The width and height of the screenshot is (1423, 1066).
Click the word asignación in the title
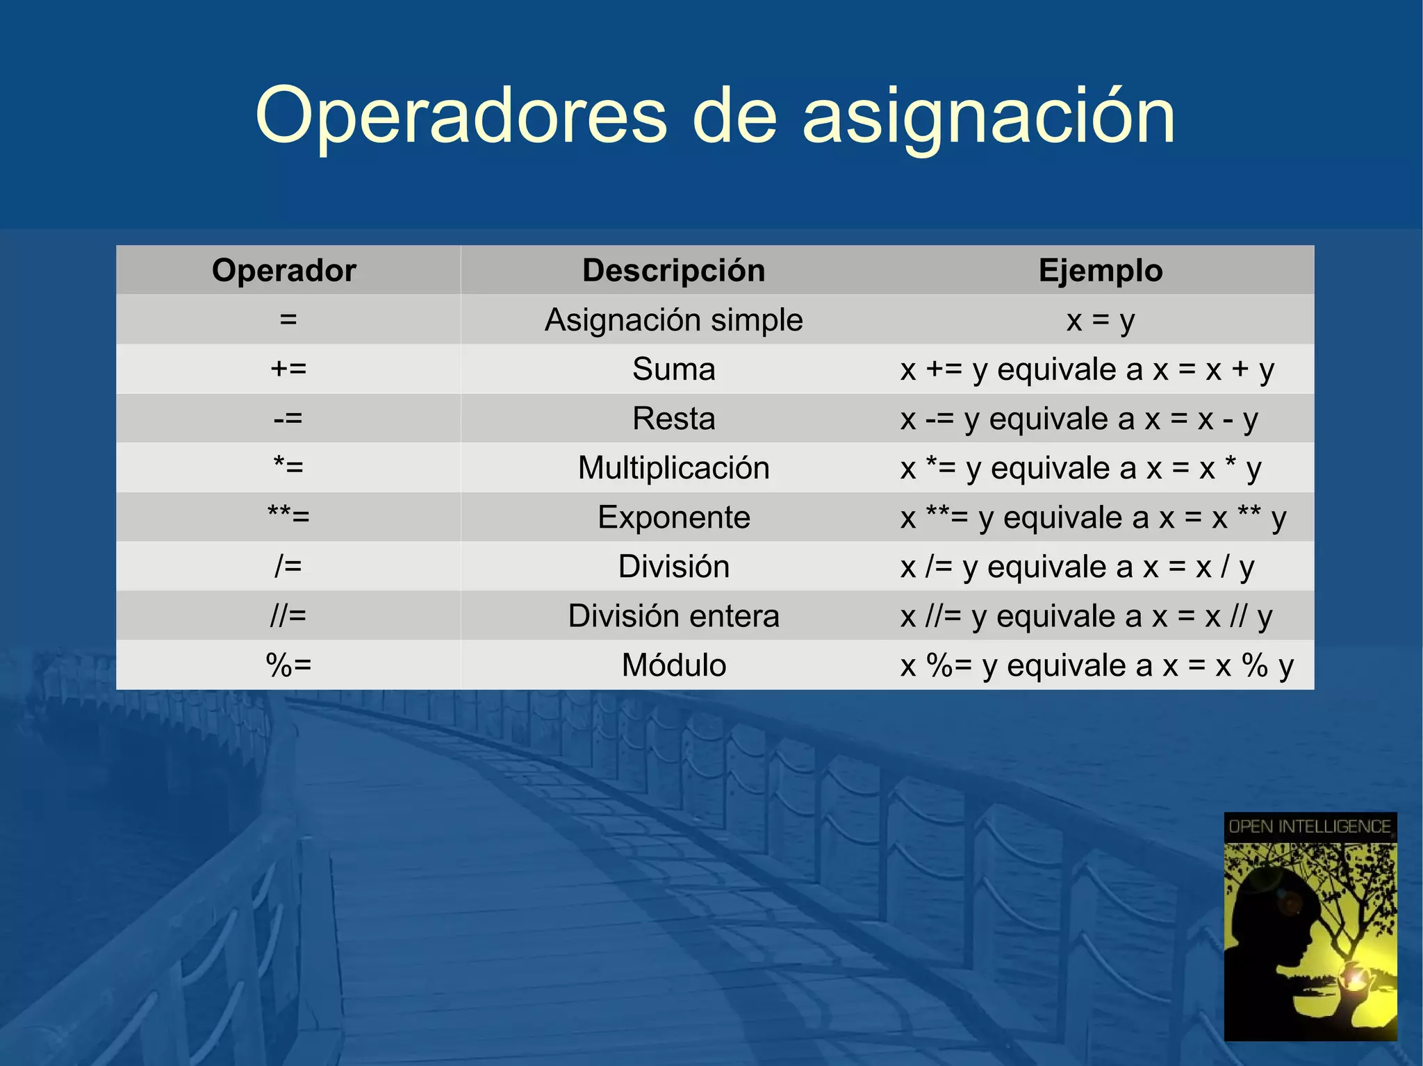(988, 117)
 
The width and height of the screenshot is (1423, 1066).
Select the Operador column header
(284, 270)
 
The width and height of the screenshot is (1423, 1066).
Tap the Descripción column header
(673, 270)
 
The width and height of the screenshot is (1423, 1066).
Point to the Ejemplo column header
(1100, 270)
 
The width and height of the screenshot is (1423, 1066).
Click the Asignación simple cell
(673, 320)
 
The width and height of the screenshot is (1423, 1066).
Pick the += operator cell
(288, 369)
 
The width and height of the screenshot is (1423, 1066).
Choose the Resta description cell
(673, 419)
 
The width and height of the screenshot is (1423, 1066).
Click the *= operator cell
(288, 467)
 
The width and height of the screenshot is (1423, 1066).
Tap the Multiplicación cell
(673, 468)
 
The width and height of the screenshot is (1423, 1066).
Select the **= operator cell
(288, 517)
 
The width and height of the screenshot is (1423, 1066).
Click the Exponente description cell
(673, 517)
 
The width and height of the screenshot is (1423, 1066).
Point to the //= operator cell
(288, 616)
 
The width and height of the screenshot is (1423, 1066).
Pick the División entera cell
(673, 616)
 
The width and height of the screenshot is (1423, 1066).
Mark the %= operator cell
(288, 665)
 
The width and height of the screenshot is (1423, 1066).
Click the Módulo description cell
(673, 665)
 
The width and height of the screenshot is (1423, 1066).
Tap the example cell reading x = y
(1100, 320)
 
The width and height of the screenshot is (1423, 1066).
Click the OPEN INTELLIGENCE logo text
(1310, 827)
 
